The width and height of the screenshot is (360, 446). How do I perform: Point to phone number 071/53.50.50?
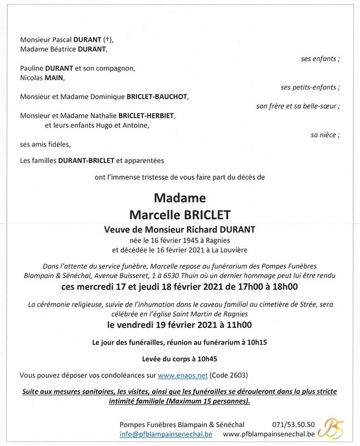(x=293, y=424)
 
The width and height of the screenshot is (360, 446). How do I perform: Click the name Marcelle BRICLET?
(x=179, y=215)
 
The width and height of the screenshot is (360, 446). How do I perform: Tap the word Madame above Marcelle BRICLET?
(x=179, y=198)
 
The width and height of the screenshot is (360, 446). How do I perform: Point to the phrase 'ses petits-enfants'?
(x=310, y=88)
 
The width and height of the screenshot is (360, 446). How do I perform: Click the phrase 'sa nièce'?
(x=325, y=135)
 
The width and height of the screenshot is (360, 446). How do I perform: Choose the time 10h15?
(x=257, y=343)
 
